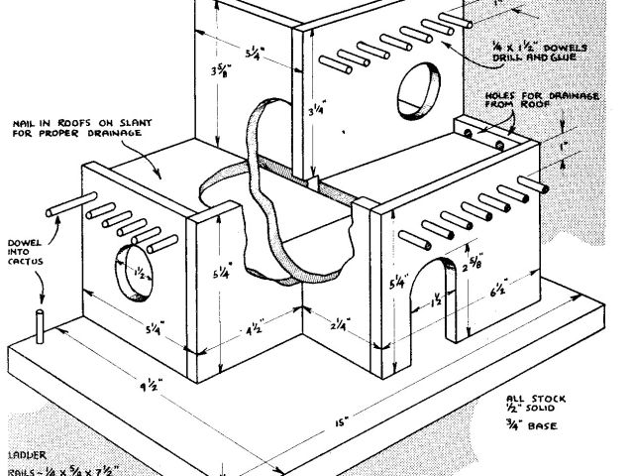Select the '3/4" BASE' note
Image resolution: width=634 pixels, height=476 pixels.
pos(533,428)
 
